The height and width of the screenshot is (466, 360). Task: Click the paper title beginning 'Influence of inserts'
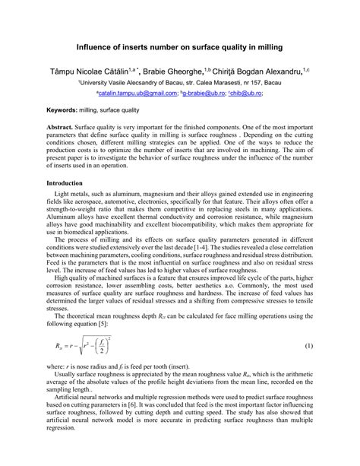tap(179, 47)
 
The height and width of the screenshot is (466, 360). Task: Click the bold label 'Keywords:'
tap(63, 109)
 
